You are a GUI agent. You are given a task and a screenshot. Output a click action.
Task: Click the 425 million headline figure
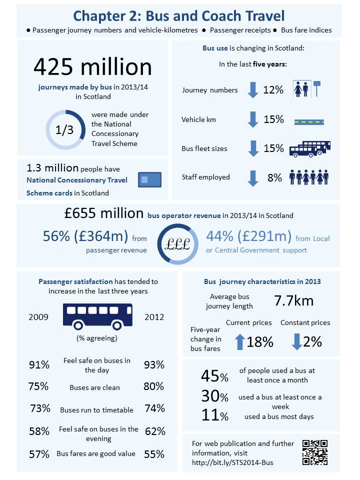[x=92, y=67]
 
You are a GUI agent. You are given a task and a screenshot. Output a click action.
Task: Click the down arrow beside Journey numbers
[x=253, y=90]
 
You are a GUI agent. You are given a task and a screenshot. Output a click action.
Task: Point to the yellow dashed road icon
[x=309, y=120]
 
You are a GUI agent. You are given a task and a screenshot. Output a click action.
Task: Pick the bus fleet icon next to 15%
[x=310, y=148]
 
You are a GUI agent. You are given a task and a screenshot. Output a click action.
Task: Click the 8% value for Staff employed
[x=274, y=177]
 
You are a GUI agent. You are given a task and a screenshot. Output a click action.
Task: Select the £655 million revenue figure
[x=104, y=213]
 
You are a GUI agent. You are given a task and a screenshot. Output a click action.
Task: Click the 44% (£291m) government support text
[x=248, y=235]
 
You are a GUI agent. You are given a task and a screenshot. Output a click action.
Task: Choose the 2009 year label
[x=38, y=317]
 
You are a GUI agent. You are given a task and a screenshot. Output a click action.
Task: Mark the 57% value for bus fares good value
[x=39, y=454]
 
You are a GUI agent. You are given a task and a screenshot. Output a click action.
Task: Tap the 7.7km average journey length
[x=293, y=300]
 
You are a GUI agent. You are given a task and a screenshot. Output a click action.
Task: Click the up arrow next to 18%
[x=240, y=341]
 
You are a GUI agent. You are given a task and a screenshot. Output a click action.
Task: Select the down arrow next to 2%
[x=297, y=341]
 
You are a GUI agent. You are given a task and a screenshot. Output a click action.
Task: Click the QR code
[x=315, y=452]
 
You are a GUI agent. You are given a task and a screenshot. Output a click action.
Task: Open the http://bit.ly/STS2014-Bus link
[x=232, y=462]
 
